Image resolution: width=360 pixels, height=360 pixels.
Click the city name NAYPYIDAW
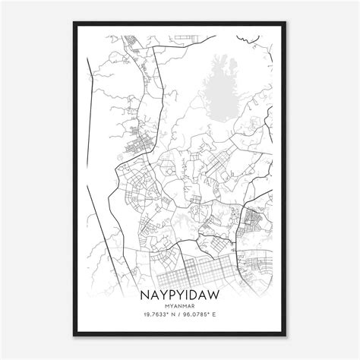[x=180, y=290]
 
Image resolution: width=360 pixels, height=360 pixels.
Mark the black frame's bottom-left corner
[x=72, y=335]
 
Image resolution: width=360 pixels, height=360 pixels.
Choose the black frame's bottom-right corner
[x=288, y=335]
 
